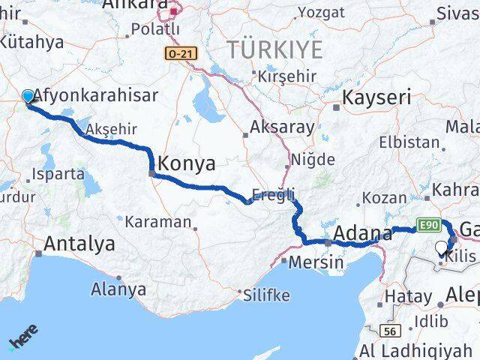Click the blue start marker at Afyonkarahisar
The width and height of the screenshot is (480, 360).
click(28, 96)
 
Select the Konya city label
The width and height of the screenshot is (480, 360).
click(187, 163)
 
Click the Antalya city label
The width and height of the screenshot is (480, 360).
click(79, 244)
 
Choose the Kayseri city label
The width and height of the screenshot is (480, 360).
click(377, 97)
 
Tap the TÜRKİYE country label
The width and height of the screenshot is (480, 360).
click(276, 50)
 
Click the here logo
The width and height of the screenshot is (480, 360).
click(23, 338)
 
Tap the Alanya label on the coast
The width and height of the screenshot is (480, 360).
click(118, 288)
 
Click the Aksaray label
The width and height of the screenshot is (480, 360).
click(283, 127)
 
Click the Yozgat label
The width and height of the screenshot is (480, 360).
click(322, 12)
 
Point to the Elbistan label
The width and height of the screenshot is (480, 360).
click(409, 142)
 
